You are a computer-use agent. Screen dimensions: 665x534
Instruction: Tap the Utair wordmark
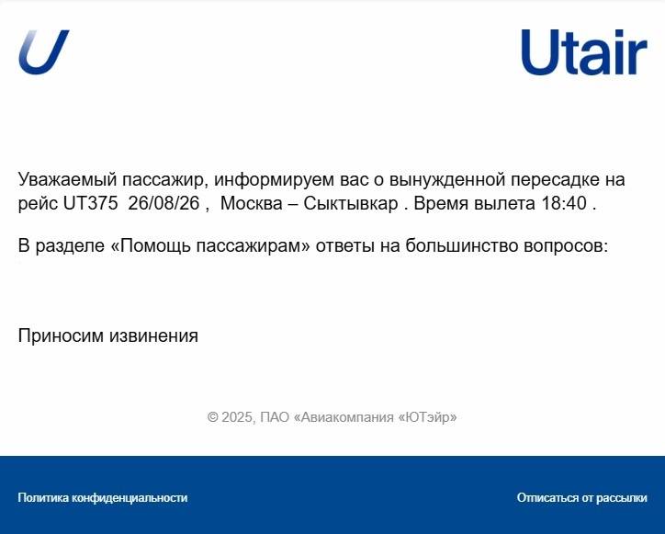(584, 52)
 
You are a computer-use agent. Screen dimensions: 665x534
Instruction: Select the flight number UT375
(90, 203)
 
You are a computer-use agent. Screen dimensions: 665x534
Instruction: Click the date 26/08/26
(163, 203)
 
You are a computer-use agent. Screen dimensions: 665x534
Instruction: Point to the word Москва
(252, 203)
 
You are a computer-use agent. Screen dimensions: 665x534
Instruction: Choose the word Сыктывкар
(351, 204)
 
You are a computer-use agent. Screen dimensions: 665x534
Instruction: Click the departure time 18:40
(564, 203)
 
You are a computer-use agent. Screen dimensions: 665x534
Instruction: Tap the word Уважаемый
(67, 180)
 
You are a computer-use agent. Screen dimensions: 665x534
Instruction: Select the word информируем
(274, 180)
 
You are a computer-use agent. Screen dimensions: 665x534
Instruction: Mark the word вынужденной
(447, 180)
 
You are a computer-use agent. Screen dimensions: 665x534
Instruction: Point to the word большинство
(462, 245)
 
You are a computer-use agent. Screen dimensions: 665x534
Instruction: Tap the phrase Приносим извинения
(108, 335)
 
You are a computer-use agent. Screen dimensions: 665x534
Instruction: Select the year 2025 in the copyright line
(237, 417)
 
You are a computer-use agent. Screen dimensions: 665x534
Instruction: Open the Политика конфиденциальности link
(103, 497)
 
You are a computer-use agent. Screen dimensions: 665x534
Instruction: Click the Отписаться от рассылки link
(582, 497)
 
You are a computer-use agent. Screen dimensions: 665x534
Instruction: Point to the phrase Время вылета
(474, 203)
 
